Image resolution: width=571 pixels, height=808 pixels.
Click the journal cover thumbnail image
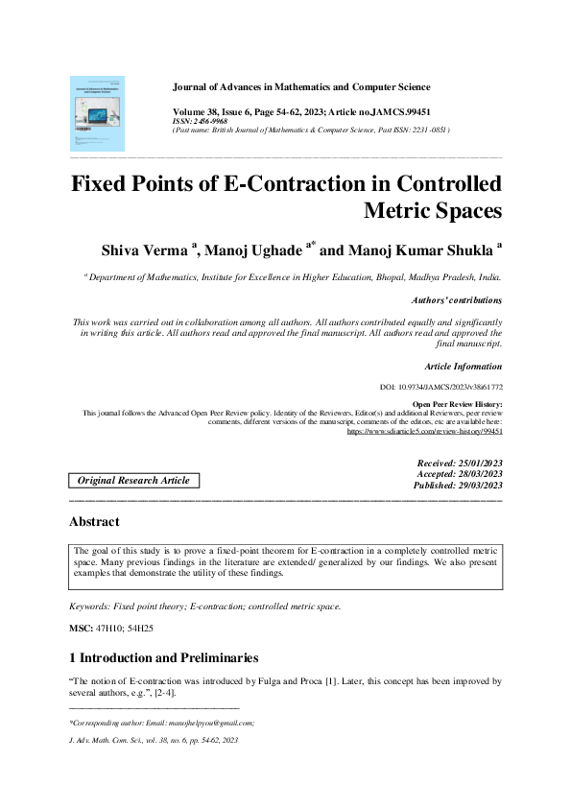97,113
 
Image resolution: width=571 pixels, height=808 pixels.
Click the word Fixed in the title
106,184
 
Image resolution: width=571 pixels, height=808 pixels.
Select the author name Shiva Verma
145,250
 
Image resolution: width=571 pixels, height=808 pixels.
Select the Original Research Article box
133,480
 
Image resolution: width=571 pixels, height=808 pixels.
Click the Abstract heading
94,522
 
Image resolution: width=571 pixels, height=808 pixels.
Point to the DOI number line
441,386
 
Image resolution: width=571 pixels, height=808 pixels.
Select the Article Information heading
463,366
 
